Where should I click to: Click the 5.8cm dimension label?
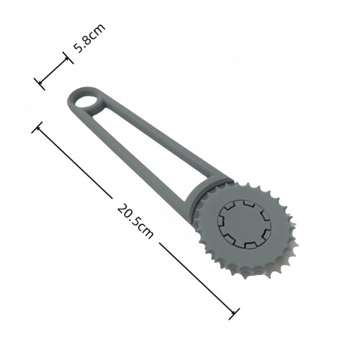pos(89,38)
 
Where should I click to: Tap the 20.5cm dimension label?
pos(135,221)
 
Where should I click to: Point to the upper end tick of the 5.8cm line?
pos(68,58)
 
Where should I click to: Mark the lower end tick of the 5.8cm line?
pos(40,84)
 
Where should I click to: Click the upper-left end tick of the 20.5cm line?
pos(37,127)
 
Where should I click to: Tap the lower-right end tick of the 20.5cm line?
pos(234,314)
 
